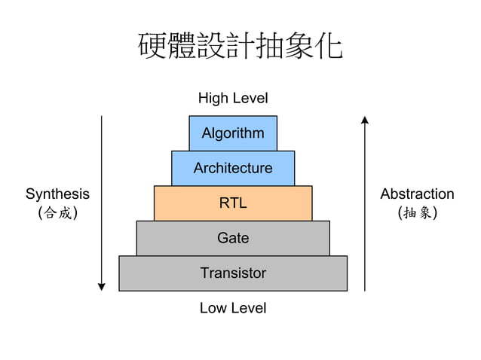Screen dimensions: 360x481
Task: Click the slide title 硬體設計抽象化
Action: [x=240, y=47]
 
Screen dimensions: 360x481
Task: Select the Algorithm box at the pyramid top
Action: [x=233, y=133]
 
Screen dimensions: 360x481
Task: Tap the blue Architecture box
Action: [x=233, y=168]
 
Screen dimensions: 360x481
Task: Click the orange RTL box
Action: [x=233, y=203]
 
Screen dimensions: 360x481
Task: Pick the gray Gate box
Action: [x=233, y=238]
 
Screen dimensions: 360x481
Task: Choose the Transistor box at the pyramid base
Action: [x=233, y=273]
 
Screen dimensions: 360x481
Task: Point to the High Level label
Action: [x=233, y=98]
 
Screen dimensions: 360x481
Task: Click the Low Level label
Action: [x=233, y=308]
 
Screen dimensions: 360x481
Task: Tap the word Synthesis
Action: [x=57, y=194]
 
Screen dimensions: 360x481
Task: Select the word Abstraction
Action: [x=417, y=194]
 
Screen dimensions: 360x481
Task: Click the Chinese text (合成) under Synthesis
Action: [x=57, y=213]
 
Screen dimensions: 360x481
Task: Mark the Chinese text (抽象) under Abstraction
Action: [x=417, y=213]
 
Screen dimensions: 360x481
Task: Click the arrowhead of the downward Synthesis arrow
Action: [x=101, y=286]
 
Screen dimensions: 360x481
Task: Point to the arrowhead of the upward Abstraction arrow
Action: [x=365, y=119]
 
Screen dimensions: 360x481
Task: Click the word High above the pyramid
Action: [x=213, y=98]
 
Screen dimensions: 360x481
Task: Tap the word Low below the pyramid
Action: [x=213, y=308]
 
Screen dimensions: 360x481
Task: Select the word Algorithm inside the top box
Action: [x=233, y=133]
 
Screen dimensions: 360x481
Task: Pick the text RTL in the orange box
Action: [x=233, y=203]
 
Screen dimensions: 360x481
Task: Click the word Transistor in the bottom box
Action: [x=233, y=273]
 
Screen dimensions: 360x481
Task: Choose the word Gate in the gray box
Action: [x=233, y=238]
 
